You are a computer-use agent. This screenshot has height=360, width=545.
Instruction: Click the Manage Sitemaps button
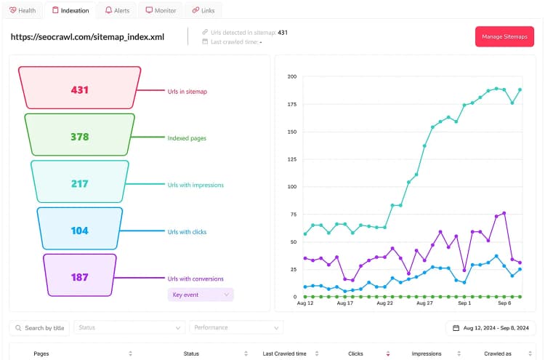tap(504, 36)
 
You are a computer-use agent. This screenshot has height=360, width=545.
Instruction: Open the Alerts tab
tap(118, 10)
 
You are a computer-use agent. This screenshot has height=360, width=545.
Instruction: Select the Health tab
tap(23, 10)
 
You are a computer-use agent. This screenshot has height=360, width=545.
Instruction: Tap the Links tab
tap(203, 10)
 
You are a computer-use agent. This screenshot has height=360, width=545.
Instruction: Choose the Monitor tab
tap(161, 10)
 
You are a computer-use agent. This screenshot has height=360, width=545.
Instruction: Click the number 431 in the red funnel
tap(80, 90)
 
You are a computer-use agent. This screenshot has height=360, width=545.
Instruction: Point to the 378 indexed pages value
tap(80, 137)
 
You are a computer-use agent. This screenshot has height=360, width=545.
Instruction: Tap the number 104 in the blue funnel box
tap(80, 231)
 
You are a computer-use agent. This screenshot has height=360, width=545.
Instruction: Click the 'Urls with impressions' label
tap(195, 185)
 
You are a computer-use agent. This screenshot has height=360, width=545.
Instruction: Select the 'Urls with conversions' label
tap(195, 279)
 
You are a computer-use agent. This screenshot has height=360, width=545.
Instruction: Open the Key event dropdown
tap(201, 295)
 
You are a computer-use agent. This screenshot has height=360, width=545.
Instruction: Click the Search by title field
tap(39, 328)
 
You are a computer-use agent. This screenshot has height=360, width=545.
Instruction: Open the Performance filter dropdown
tap(236, 328)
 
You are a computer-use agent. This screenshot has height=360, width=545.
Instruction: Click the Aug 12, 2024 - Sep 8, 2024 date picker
tap(490, 328)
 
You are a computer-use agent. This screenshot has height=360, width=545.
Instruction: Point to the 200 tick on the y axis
tap(292, 76)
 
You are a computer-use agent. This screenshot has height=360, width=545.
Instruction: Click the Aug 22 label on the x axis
tap(384, 303)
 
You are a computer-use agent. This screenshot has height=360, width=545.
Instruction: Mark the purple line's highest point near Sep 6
tap(504, 213)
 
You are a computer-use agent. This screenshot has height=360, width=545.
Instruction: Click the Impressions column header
tap(427, 353)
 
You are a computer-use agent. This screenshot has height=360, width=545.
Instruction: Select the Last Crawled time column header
tap(284, 353)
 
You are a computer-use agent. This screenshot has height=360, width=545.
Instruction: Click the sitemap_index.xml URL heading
tap(87, 37)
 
